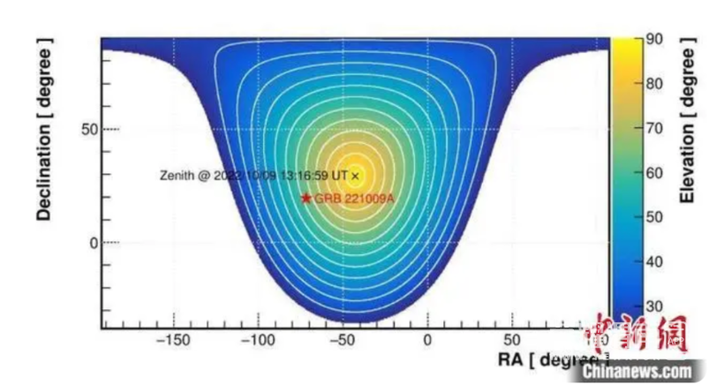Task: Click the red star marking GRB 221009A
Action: tap(306, 198)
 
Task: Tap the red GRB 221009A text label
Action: tap(353, 199)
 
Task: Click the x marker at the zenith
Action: tap(355, 176)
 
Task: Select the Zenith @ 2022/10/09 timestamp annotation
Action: tap(253, 176)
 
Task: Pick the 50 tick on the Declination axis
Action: tap(87, 130)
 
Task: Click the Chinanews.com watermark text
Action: tap(637, 372)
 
